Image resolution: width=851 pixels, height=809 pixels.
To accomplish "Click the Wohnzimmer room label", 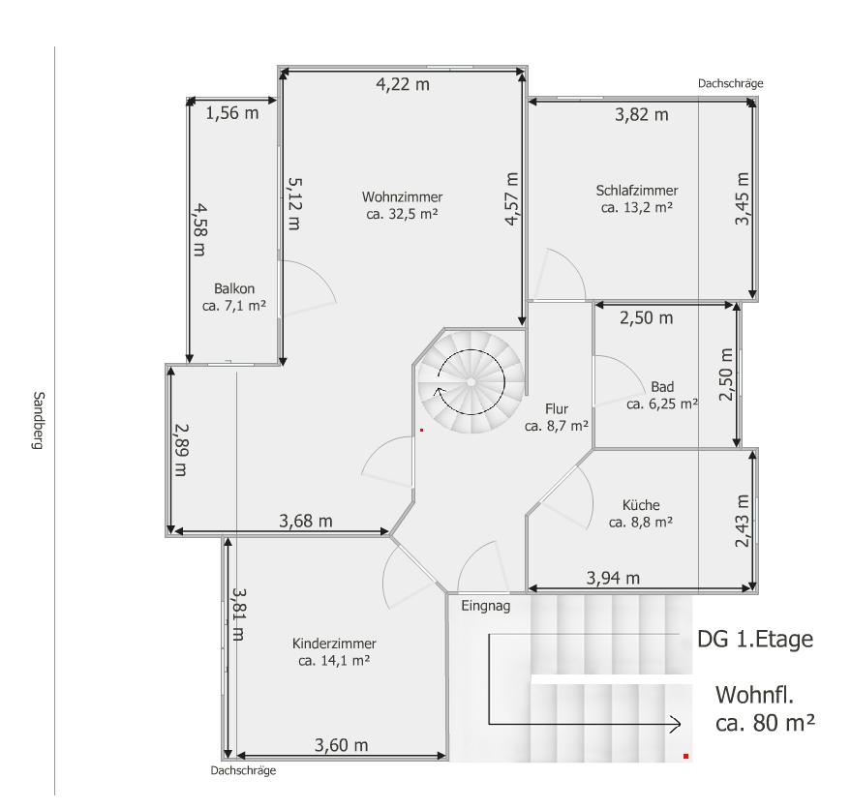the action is pyautogui.click(x=402, y=196).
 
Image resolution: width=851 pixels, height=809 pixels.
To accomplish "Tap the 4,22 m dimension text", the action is pyautogui.click(x=403, y=84).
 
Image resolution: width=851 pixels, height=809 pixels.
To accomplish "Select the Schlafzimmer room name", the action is pyautogui.click(x=637, y=191).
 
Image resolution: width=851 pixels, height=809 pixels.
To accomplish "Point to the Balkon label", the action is pyautogui.click(x=234, y=288).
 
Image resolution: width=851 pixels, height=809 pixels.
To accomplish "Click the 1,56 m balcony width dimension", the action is pyautogui.click(x=231, y=113).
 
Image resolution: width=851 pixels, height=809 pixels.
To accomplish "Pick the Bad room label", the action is pyautogui.click(x=662, y=387).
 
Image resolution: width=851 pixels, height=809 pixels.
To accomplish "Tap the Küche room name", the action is pyautogui.click(x=641, y=504).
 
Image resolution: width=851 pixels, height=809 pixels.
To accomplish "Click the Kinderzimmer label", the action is pyautogui.click(x=334, y=644).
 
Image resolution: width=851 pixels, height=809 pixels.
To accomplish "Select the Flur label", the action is pyautogui.click(x=557, y=408).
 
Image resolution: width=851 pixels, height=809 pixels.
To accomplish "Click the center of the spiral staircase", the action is pyautogui.click(x=471, y=382).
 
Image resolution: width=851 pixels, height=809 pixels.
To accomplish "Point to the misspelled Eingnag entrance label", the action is pyautogui.click(x=486, y=606).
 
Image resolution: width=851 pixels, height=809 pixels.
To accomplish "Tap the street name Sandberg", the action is pyautogui.click(x=38, y=421).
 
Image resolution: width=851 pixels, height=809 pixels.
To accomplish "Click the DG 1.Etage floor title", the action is pyautogui.click(x=755, y=640).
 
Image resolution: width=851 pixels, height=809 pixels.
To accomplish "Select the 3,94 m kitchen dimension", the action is pyautogui.click(x=613, y=578).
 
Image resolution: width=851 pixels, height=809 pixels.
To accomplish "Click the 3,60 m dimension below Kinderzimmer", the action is pyautogui.click(x=341, y=745).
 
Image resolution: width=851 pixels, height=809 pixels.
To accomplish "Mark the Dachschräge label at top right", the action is pyautogui.click(x=731, y=83).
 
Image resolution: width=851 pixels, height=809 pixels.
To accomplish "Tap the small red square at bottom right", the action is pyautogui.click(x=686, y=756).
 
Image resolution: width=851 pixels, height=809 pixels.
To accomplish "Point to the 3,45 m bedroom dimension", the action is pyautogui.click(x=742, y=198).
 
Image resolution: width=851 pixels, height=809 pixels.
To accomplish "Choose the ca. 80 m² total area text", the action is pyautogui.click(x=765, y=723).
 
